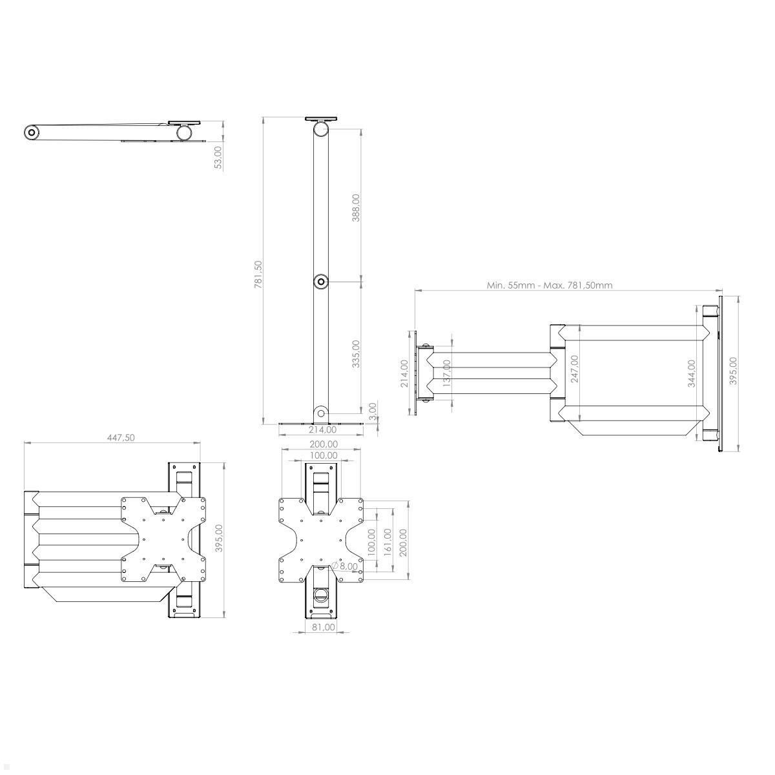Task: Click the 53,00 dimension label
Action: pos(218,157)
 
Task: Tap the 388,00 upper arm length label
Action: pos(356,207)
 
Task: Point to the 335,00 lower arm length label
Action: pos(356,353)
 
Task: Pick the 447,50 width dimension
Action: pos(121,437)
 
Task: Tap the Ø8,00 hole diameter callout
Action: pos(345,566)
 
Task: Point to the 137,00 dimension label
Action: pos(447,373)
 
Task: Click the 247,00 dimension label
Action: pos(574,368)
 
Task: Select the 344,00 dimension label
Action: pos(692,373)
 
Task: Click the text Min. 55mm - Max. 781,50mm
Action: pos(550,285)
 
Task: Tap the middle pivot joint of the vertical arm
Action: pos(321,282)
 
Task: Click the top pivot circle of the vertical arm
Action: pos(321,129)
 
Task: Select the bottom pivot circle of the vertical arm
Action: pos(321,412)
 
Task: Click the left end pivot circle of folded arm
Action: pos(32,132)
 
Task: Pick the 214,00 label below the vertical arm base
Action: pos(322,429)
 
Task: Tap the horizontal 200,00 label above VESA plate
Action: pos(323,444)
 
